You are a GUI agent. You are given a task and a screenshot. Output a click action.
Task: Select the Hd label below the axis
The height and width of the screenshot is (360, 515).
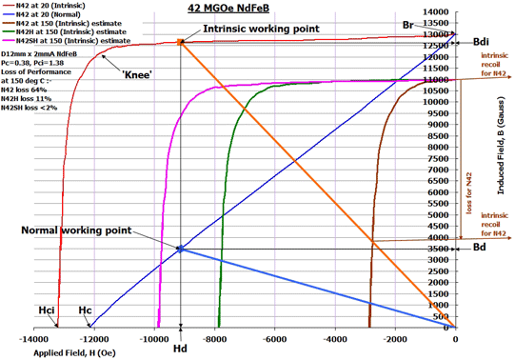[180, 349]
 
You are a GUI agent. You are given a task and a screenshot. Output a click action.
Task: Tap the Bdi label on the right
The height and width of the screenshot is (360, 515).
[480, 42]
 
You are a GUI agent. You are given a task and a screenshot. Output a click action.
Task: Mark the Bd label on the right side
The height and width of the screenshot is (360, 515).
[481, 250]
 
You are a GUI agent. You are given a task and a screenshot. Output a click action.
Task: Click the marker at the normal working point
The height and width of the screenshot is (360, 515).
[180, 250]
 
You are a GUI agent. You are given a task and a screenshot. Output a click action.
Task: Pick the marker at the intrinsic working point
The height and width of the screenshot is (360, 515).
[180, 42]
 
